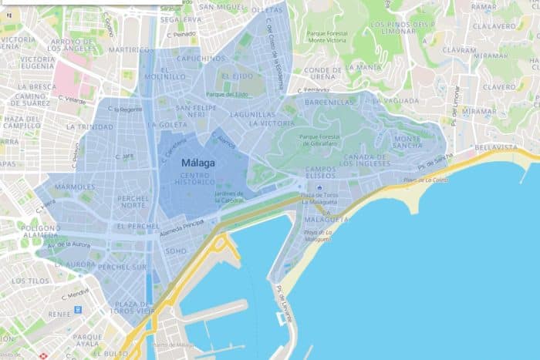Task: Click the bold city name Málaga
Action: coord(197,163)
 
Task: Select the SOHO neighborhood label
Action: coord(176,251)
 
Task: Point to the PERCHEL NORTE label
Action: coord(133,201)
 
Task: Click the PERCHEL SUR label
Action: coord(122,266)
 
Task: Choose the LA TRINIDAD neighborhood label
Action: coord(89,126)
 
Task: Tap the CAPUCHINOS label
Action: coord(201,58)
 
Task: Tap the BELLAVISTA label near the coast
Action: coord(497,146)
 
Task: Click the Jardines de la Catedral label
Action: coord(229,197)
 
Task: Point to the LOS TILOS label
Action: coord(29,281)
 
